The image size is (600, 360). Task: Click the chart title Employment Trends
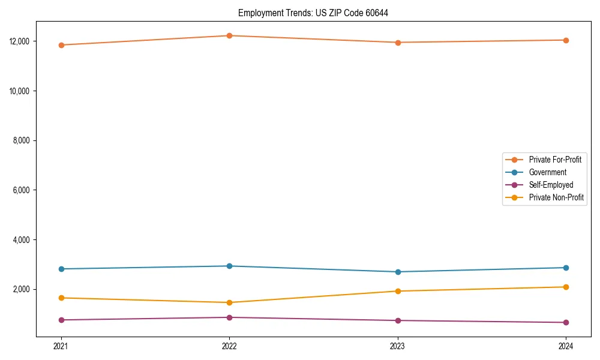coord(313,13)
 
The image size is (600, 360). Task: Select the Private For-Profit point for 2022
coord(229,35)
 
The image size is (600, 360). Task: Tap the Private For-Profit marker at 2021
coord(61,45)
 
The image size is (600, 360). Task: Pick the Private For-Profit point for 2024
coord(566,40)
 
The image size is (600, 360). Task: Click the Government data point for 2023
coord(398,272)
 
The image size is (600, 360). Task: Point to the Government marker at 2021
coord(61,269)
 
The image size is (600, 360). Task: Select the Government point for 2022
coord(229,266)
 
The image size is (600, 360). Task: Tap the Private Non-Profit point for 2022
coord(229,302)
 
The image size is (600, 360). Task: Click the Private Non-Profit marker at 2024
coord(566,287)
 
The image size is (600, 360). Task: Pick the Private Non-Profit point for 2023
coord(398,291)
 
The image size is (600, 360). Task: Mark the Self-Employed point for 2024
coord(566,322)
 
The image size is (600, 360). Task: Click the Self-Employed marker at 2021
coord(61,320)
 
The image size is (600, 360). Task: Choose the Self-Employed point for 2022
coord(229,317)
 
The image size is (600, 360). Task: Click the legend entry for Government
coord(547,172)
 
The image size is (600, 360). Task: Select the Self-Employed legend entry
coord(551,185)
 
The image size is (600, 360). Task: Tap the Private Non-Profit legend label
coord(556,197)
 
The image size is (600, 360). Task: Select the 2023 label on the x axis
coord(398,346)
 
